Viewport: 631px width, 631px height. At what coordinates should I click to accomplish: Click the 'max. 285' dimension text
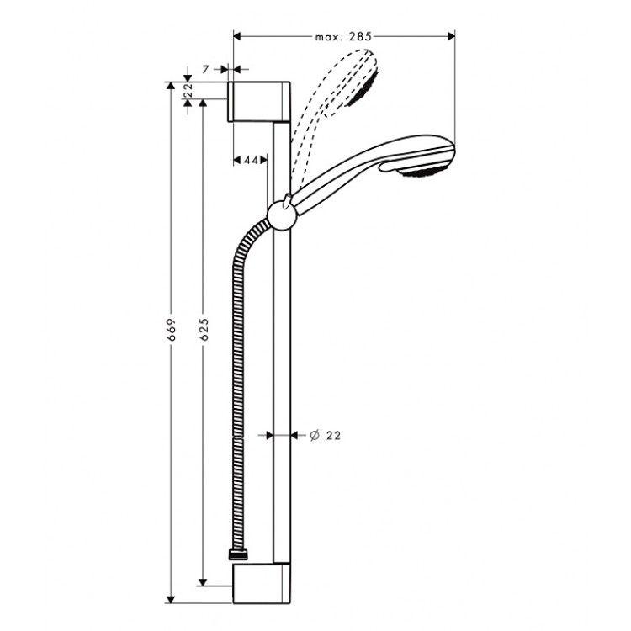343,36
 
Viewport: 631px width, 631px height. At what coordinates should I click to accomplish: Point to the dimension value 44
250,159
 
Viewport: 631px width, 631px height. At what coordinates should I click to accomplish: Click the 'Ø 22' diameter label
325,435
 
